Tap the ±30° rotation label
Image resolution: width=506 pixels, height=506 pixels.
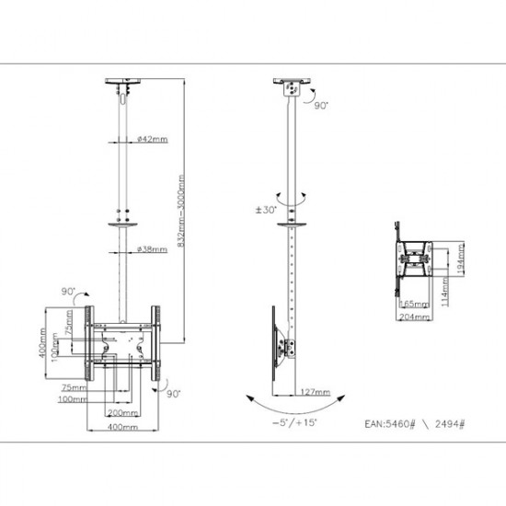click(266, 210)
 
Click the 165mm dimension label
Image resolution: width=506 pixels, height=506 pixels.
click(413, 302)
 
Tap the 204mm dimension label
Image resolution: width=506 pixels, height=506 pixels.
click(413, 316)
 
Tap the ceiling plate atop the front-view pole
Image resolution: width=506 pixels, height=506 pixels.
click(123, 81)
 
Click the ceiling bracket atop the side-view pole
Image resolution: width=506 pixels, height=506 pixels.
click(292, 87)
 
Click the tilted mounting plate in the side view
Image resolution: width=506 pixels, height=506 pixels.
click(277, 339)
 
